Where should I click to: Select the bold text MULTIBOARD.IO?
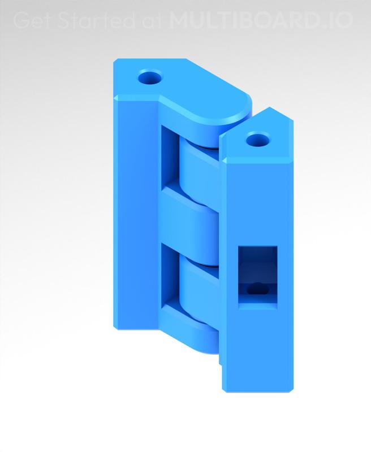pyautogui.click(x=261, y=21)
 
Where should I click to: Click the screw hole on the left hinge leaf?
pyautogui.click(x=150, y=77)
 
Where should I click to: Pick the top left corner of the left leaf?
pyautogui.click(x=115, y=60)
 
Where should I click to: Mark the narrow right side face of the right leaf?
pyautogui.click(x=291, y=254)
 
